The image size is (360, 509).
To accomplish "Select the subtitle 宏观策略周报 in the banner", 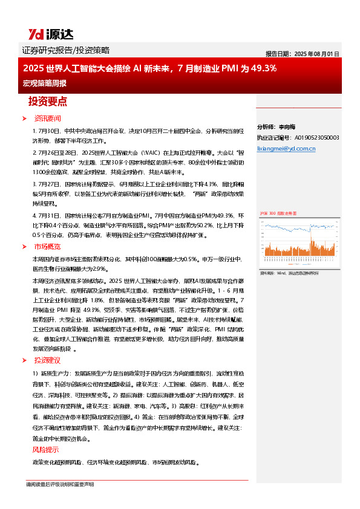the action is point(44,83).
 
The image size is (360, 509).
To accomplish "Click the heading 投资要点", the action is point(48,101).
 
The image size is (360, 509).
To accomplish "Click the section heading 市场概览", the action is point(47,246).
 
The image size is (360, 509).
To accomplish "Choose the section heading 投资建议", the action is point(47,360).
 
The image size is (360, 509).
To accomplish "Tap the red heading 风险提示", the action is point(45,450).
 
